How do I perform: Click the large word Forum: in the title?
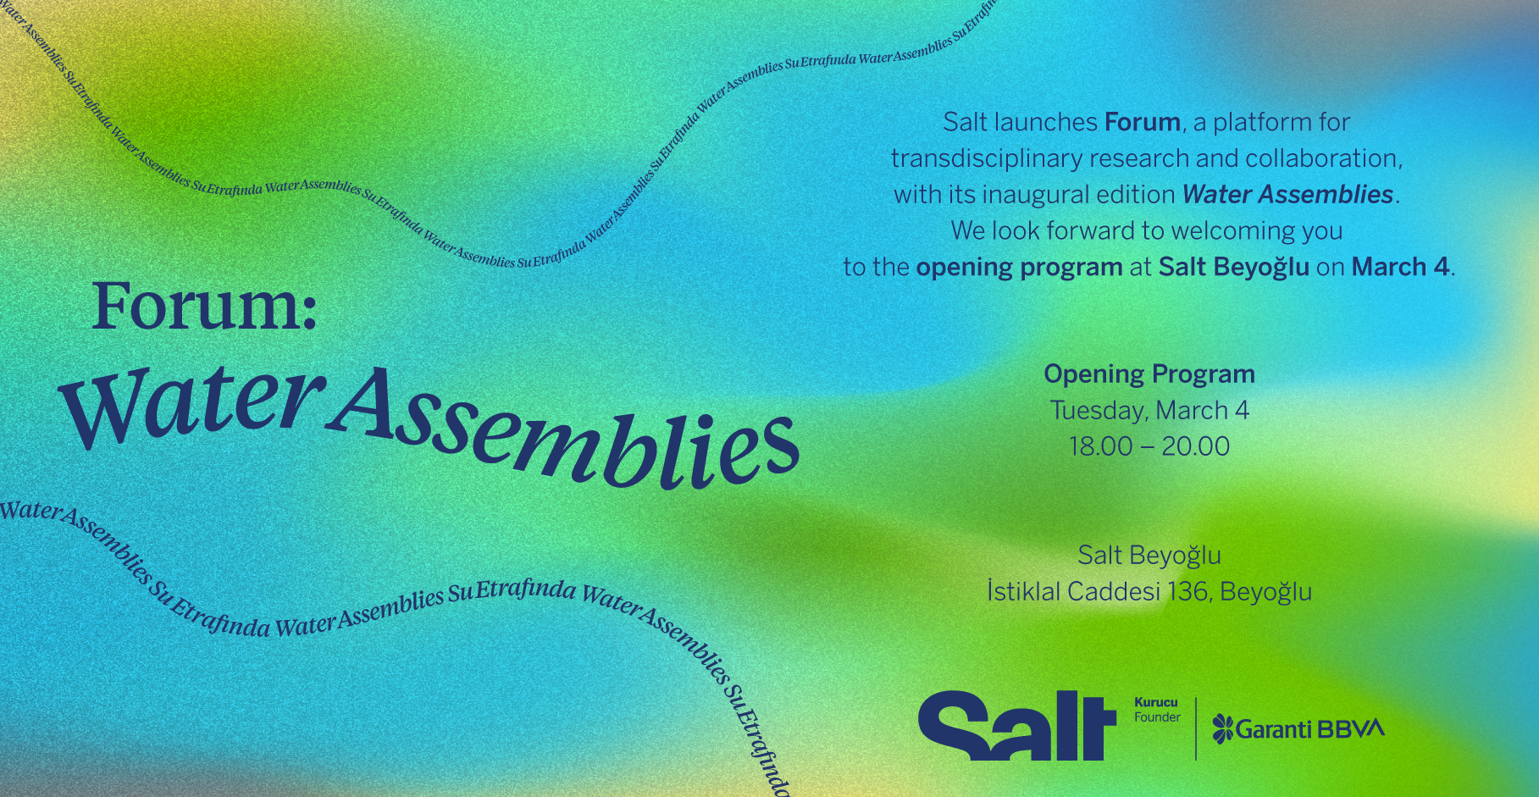click(x=204, y=306)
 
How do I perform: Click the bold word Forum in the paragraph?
click(x=1143, y=122)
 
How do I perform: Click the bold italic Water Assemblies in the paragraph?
click(x=1287, y=194)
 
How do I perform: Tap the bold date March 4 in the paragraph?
click(x=1401, y=267)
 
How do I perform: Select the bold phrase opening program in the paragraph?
click(x=1019, y=268)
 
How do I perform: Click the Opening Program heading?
click(x=1149, y=374)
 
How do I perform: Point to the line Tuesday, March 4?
click(x=1149, y=411)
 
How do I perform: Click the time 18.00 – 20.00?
click(x=1149, y=446)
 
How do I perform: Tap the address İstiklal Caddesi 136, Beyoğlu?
click(x=1149, y=591)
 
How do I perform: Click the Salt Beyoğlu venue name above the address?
click(x=1149, y=556)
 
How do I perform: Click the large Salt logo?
click(x=1017, y=726)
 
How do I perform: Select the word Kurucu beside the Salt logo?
click(x=1156, y=702)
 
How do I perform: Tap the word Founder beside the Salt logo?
click(x=1157, y=717)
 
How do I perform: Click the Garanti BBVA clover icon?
click(x=1223, y=728)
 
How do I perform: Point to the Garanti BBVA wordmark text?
click(x=1310, y=728)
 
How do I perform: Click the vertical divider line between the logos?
click(x=1196, y=728)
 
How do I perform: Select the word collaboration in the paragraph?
click(x=1321, y=158)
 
